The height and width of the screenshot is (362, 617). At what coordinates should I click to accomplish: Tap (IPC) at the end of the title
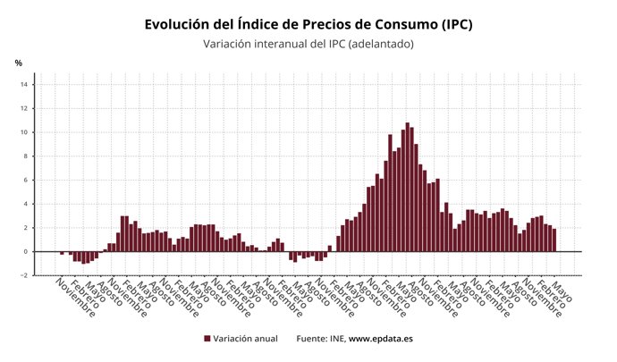click(x=450, y=24)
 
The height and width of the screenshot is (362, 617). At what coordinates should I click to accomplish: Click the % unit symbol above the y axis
click(x=18, y=63)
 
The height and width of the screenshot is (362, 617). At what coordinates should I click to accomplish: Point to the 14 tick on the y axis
click(x=26, y=85)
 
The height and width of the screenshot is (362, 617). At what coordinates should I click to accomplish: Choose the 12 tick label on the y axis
click(x=26, y=109)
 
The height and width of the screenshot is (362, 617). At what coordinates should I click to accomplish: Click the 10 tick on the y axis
click(x=26, y=132)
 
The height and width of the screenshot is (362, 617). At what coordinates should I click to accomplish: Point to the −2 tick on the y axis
click(x=25, y=275)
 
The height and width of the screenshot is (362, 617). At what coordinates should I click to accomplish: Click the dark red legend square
click(x=207, y=339)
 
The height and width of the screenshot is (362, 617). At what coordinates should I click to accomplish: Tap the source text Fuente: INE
click(x=320, y=339)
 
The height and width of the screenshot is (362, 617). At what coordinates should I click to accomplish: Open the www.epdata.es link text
click(x=380, y=339)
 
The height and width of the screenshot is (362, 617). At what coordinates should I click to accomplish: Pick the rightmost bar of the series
click(x=554, y=240)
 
